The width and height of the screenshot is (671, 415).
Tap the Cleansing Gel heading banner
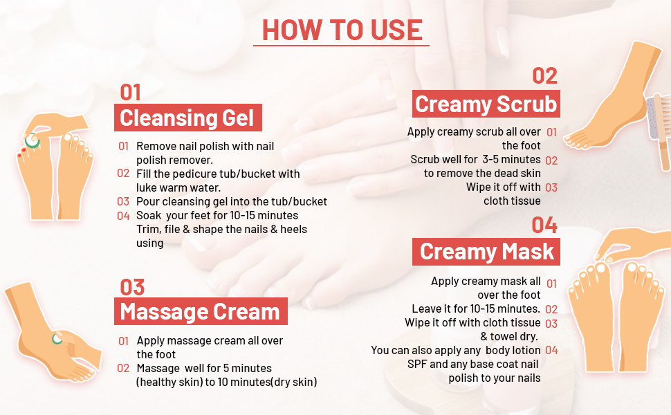pos(188,118)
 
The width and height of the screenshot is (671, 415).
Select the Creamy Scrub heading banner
pos(486,104)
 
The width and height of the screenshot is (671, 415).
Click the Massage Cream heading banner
pos(201,311)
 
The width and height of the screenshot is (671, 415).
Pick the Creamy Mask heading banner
pos(486,252)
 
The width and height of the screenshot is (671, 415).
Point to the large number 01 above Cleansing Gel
pos(131,93)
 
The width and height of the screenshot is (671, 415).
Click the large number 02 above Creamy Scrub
pos(545,76)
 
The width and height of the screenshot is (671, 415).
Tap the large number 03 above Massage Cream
pos(132,288)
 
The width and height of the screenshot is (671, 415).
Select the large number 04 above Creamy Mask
pos(545,225)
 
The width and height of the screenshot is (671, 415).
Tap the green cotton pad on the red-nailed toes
pos(32,140)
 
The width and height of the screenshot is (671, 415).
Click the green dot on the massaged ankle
pos(57,339)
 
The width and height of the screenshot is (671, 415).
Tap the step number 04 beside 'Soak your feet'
pos(123,216)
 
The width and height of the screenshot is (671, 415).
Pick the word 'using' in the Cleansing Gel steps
pos(150,243)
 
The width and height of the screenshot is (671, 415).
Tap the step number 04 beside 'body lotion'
pos(551,351)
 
